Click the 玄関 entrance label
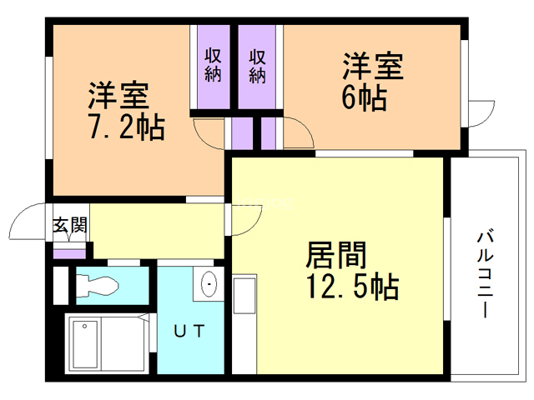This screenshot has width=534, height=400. point(70,226)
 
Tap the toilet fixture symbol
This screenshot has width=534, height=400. point(97,286)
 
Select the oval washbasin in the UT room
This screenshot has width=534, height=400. point(209,284)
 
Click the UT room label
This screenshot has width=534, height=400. point(189,331)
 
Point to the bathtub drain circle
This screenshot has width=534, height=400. point(84,326)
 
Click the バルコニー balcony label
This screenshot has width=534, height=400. point(486,274)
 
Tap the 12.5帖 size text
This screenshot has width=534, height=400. point(353,287)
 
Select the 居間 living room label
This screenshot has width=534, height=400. point(335,255)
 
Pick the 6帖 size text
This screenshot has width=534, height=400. point(365,97)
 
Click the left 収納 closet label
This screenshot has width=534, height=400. point(213,65)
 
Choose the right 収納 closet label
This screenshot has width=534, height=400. point(257,67)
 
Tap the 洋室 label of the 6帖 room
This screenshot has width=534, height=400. point(373,66)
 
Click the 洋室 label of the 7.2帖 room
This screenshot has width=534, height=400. point(118,95)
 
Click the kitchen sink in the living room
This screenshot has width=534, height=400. point(244,294)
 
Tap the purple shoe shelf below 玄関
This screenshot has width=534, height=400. point(69,253)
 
